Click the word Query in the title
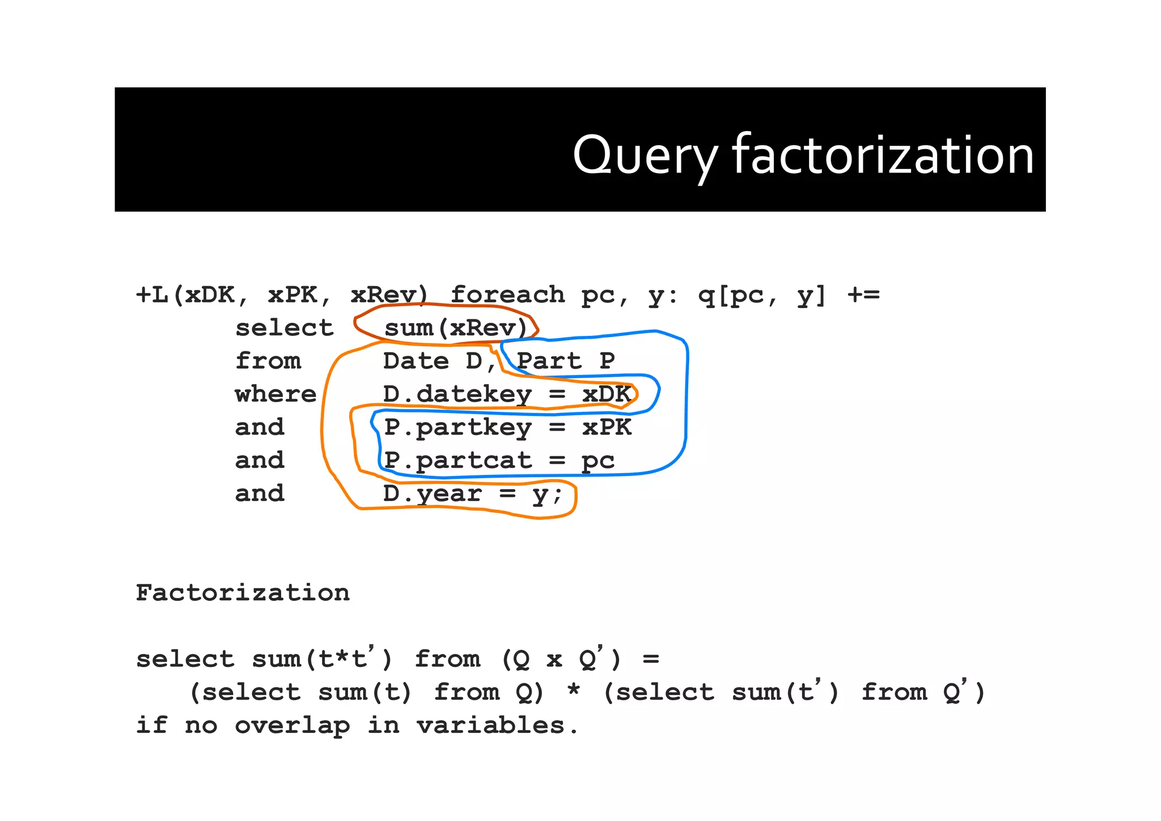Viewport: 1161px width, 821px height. [645, 155]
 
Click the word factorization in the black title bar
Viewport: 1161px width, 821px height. [883, 155]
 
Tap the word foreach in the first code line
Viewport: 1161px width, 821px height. [507, 295]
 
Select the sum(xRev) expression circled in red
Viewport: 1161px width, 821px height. [455, 328]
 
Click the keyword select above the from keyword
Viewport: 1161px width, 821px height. [284, 328]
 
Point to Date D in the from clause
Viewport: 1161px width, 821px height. [433, 361]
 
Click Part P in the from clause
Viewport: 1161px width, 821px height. [565, 361]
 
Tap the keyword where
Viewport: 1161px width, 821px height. [276, 394]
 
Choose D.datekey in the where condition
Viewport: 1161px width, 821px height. [457, 394]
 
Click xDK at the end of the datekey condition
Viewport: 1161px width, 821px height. [606, 394]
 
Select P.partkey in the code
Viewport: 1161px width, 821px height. [457, 427]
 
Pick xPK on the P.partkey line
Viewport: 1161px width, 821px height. [606, 427]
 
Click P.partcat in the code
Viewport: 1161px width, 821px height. [457, 460]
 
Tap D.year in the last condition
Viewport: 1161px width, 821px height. [432, 494]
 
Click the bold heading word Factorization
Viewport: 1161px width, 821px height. [243, 593]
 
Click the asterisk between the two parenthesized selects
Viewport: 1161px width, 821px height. [573, 692]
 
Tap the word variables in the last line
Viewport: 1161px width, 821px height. [490, 725]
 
